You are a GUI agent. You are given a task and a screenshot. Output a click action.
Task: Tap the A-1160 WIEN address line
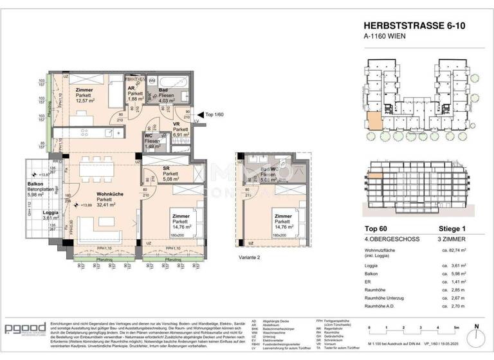(384, 37)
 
